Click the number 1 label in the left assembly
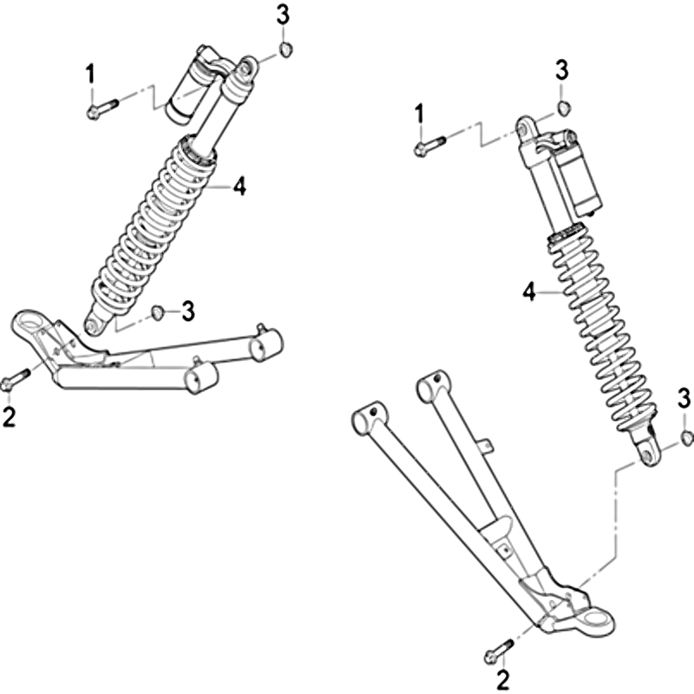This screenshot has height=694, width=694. pyautogui.click(x=91, y=74)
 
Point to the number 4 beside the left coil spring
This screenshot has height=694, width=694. pyautogui.click(x=239, y=187)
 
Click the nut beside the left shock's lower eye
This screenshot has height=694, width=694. pyautogui.click(x=158, y=312)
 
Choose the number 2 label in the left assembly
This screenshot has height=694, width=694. pyautogui.click(x=9, y=416)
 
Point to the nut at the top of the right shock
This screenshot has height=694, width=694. pyautogui.click(x=563, y=108)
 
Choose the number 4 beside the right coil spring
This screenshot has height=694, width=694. pyautogui.click(x=529, y=292)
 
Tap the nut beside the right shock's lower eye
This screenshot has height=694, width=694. pyautogui.click(x=685, y=437)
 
